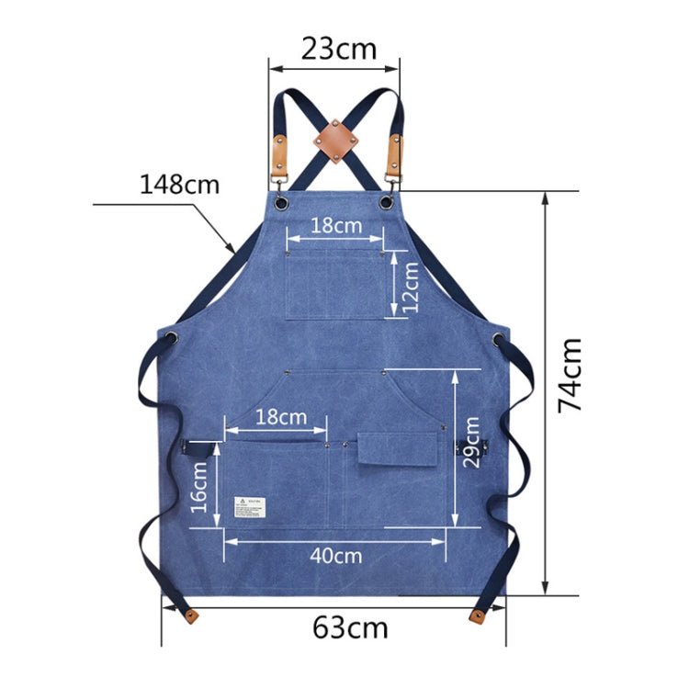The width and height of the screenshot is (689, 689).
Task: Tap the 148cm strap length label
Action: tap(180, 184)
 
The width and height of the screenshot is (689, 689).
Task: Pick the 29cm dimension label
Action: tap(470, 442)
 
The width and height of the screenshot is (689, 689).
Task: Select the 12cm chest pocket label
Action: tap(410, 285)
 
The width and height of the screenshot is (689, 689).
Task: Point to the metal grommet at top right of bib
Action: tap(389, 199)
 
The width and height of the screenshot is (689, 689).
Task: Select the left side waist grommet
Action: tap(172, 337)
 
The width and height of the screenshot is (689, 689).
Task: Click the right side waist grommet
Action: tap(499, 339)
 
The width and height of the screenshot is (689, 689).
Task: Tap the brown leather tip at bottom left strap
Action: tap(189, 614)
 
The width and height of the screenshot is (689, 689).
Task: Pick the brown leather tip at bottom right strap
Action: tap(480, 615)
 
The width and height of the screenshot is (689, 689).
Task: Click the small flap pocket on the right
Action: tap(385, 447)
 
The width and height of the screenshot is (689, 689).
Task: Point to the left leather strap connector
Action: tap(279, 153)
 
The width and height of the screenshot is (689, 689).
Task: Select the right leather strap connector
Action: tap(395, 153)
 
